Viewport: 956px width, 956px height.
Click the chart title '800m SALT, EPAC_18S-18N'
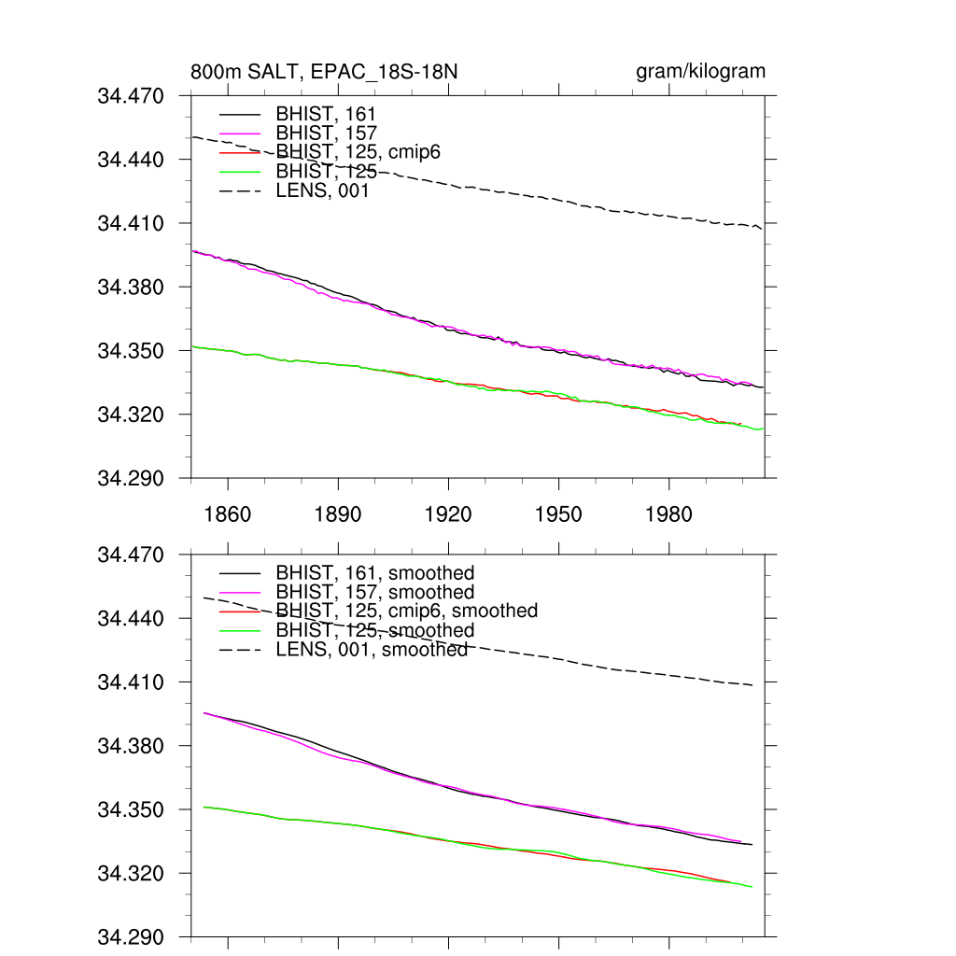click(x=324, y=72)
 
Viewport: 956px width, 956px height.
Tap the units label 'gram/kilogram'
click(x=700, y=72)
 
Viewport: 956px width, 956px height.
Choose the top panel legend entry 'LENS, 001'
click(x=323, y=191)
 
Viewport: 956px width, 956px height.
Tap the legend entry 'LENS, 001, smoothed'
click(x=372, y=649)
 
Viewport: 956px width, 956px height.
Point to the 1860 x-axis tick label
click(x=228, y=514)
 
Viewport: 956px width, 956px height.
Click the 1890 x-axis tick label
click(x=338, y=514)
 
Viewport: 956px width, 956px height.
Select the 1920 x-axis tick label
click(x=448, y=514)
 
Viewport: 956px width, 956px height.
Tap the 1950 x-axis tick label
click(x=558, y=514)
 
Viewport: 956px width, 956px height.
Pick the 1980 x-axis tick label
click(x=668, y=514)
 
